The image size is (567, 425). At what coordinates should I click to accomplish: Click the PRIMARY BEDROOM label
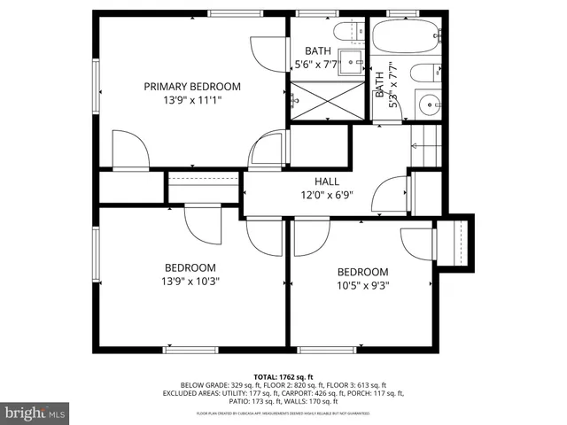click(x=192, y=86)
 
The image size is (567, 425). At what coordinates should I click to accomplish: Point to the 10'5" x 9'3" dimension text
click(x=362, y=286)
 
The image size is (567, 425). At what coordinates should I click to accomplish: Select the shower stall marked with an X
click(x=328, y=99)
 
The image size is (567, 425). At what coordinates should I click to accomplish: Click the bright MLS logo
click(x=35, y=413)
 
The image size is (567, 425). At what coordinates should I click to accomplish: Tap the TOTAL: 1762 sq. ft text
click(x=283, y=375)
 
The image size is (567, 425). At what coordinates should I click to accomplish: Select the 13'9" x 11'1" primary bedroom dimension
click(x=192, y=100)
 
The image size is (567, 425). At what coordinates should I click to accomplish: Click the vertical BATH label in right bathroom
click(x=380, y=85)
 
